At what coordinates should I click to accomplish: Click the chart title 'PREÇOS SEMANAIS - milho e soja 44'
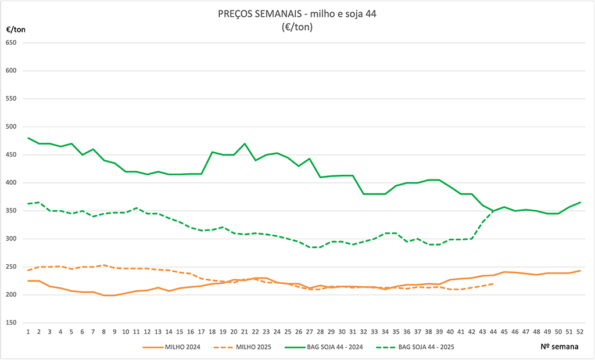297,15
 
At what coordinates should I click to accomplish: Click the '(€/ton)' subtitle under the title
297,27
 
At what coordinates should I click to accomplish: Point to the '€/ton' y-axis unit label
16,29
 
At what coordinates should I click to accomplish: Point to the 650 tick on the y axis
12,43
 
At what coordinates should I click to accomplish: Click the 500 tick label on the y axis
12,127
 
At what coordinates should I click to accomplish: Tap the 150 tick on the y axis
12,323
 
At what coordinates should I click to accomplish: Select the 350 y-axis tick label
12,211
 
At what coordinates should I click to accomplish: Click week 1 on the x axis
28,331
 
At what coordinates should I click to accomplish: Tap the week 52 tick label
580,331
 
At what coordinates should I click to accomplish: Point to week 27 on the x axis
310,331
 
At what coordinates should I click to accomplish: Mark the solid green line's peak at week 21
245,143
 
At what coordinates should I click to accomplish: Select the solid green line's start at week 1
28,138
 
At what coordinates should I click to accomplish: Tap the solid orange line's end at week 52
580,271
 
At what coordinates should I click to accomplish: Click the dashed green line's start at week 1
28,204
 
